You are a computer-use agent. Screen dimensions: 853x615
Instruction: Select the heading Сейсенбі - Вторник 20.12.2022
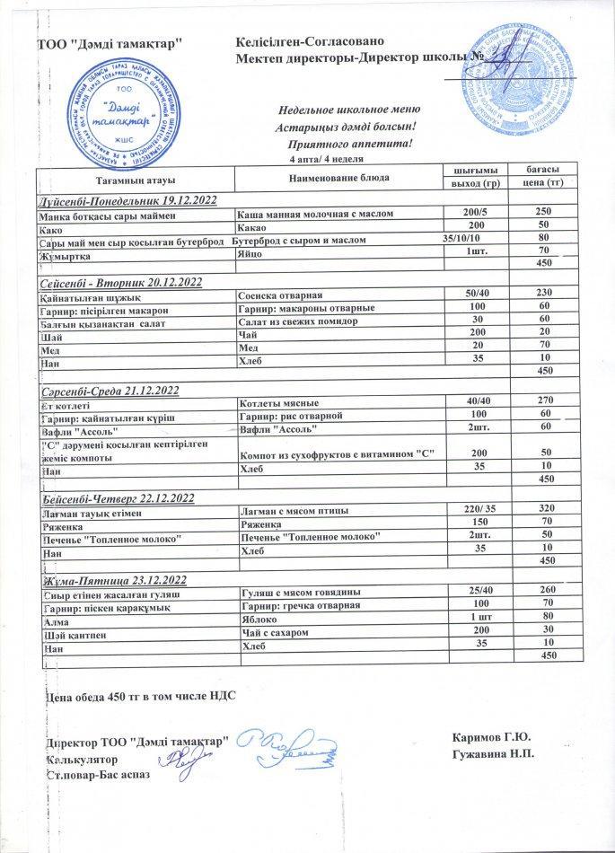click(x=120, y=282)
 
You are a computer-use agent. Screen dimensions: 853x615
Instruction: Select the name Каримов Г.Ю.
click(x=493, y=739)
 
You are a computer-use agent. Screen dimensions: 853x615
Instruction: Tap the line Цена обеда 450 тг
click(x=140, y=697)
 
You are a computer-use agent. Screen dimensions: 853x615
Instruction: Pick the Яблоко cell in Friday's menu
click(x=260, y=619)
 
